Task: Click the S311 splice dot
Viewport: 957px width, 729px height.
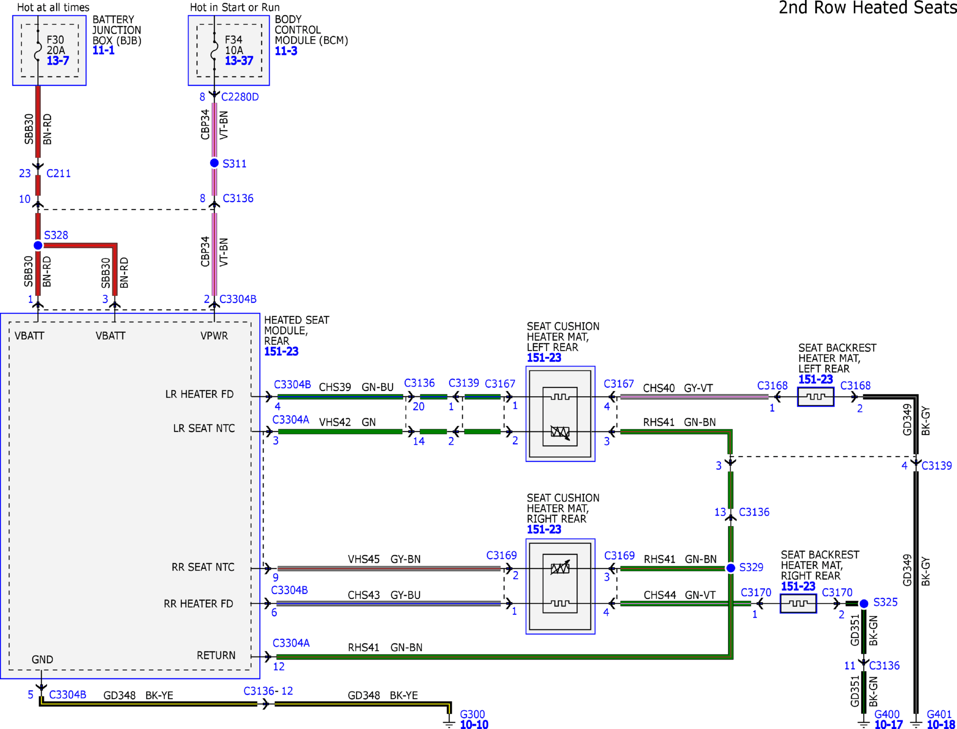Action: (214, 163)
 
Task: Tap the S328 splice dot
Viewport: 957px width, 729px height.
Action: (38, 245)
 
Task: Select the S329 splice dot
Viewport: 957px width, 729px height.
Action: (731, 568)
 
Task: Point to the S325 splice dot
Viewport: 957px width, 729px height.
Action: (864, 603)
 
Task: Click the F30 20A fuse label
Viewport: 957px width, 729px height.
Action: (56, 45)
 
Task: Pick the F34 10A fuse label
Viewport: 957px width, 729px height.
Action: (234, 45)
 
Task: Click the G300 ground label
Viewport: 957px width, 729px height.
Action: (472, 714)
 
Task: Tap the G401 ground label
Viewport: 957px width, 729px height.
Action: (939, 714)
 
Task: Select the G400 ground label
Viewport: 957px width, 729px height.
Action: (886, 714)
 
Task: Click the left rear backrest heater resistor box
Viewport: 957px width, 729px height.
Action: (815, 397)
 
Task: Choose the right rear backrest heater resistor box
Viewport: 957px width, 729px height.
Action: (798, 603)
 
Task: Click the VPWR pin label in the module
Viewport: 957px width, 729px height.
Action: (214, 336)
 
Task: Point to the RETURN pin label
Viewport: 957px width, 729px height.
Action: (216, 655)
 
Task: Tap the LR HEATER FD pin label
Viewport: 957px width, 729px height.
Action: (199, 394)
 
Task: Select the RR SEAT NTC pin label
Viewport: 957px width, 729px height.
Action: (203, 567)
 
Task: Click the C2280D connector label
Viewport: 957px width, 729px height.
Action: (240, 97)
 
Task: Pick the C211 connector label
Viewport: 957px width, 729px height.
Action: (58, 173)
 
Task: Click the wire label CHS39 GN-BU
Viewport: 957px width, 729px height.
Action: (356, 387)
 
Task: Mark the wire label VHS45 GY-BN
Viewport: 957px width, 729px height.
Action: (384, 559)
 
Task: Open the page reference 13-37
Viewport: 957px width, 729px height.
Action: (239, 61)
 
